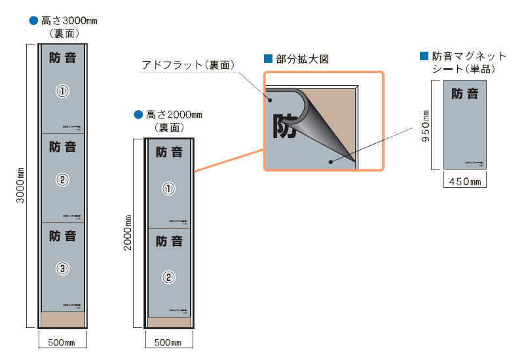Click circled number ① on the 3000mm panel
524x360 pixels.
pos(63,92)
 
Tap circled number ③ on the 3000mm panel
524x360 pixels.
pos(63,268)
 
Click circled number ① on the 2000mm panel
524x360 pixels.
pos(168,189)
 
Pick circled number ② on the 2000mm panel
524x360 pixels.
pos(168,277)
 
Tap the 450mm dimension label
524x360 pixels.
pos(464,181)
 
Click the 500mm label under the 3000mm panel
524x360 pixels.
pos(62,342)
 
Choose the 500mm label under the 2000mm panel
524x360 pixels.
pos(168,342)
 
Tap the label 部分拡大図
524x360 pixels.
pos(302,59)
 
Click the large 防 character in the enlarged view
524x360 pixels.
pos(285,126)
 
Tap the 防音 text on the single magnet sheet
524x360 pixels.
pos(465,94)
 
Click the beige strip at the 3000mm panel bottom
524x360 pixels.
pos(63,320)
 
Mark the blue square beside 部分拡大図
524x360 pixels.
pos(267,58)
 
